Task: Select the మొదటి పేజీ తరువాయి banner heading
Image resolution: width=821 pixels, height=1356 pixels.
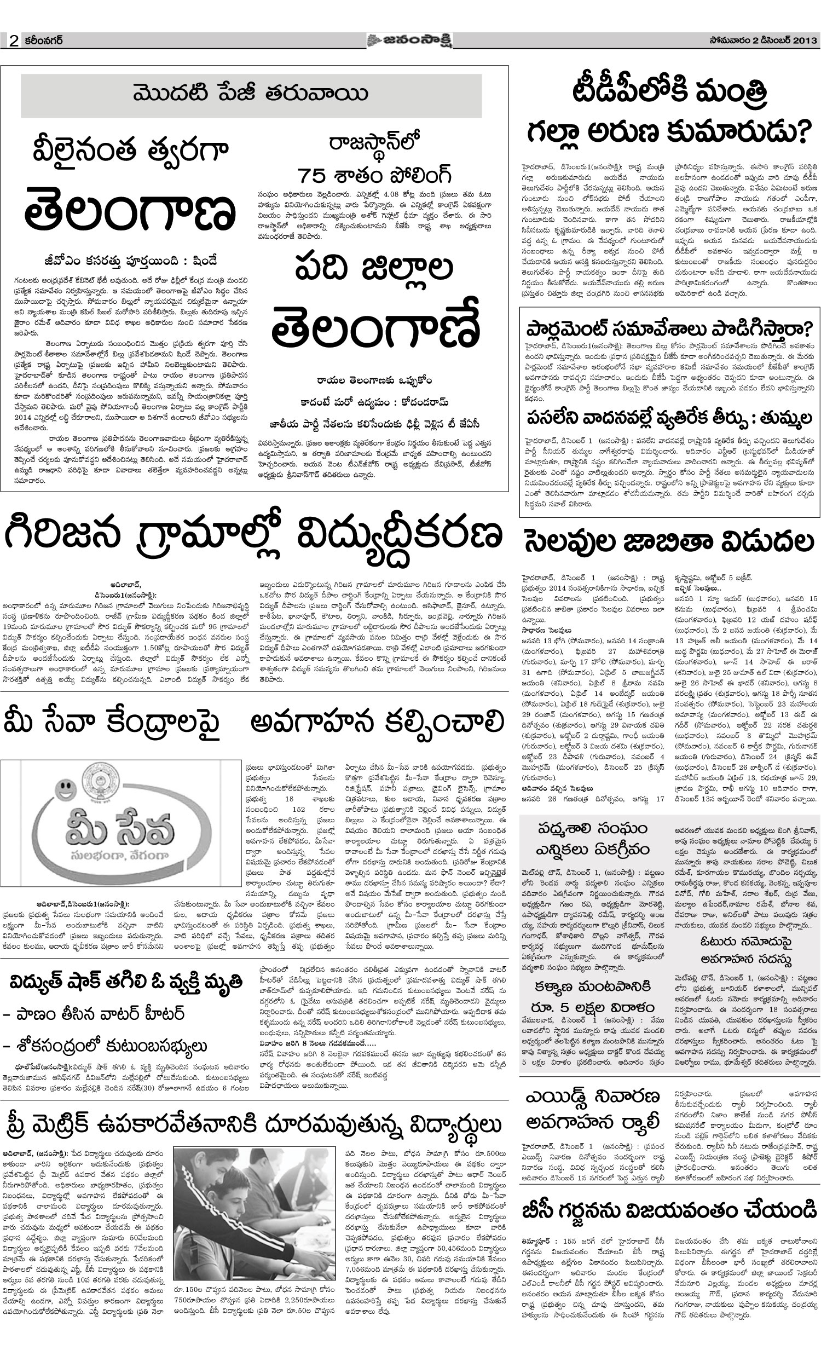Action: point(251,94)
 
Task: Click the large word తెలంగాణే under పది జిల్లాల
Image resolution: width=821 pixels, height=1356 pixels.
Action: point(376,328)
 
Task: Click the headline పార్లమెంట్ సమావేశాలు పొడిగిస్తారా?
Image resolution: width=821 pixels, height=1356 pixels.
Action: point(669,330)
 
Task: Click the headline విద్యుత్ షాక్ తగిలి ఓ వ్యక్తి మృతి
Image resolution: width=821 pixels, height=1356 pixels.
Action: point(126,982)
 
